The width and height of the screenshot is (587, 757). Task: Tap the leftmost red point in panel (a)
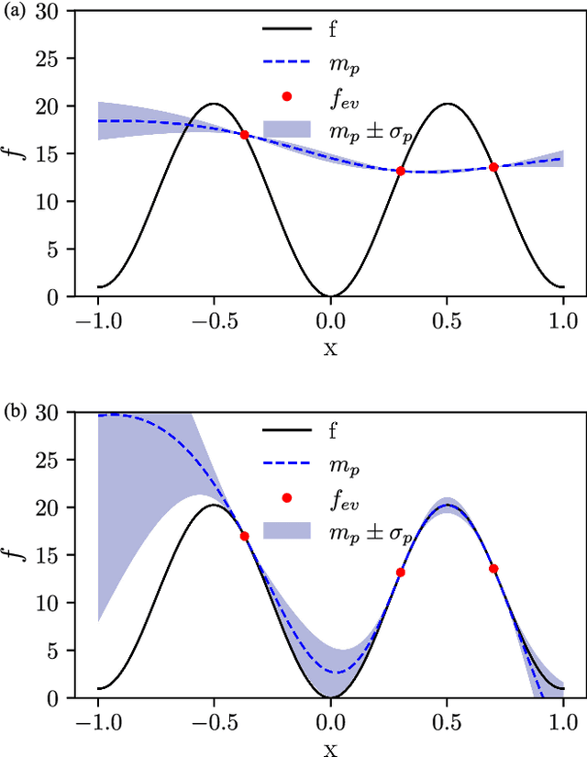pos(244,135)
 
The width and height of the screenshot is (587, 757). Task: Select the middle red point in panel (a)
pos(401,171)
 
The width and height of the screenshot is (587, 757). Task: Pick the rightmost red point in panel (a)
pos(493,167)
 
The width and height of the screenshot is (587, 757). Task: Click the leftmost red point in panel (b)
pos(244,536)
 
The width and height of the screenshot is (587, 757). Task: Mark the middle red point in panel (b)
pos(401,572)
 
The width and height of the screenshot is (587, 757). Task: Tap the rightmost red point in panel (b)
pos(493,568)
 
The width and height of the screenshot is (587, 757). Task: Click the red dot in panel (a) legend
pos(286,95)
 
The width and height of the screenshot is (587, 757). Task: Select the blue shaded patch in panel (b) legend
pos(286,529)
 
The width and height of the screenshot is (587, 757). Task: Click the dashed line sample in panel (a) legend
pos(286,62)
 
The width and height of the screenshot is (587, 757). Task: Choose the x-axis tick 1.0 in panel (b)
pos(563,721)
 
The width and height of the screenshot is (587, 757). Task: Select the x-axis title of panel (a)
pos(330,348)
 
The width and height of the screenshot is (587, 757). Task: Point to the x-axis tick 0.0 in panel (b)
pos(330,721)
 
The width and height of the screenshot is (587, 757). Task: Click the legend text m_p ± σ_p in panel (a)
pos(376,129)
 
